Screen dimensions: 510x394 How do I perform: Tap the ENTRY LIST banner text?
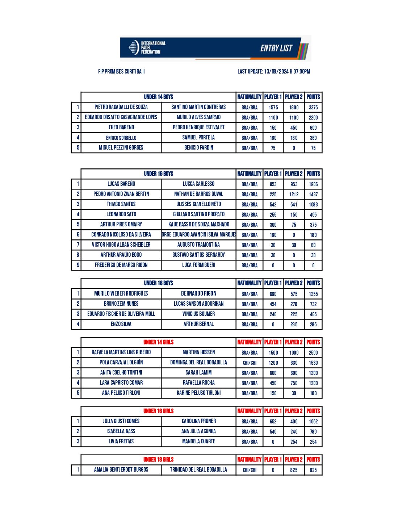pos(276,48)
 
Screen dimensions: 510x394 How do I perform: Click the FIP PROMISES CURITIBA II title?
pos(121,71)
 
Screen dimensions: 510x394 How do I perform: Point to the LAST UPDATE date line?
pos(273,71)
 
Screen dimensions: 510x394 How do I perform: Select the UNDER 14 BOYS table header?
pos(158,97)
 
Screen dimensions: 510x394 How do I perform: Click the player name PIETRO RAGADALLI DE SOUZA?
pos(121,107)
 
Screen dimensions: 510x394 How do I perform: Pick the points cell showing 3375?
pos(313,107)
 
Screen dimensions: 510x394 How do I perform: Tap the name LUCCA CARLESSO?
pos(198,184)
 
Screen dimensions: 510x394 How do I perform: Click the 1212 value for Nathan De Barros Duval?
pos(294,194)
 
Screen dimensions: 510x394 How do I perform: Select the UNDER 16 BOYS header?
pos(158,174)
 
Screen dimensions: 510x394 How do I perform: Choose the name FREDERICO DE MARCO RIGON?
pos(121,265)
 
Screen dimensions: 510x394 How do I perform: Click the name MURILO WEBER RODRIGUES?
pos(121,293)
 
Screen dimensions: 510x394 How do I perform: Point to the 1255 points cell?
pos(313,294)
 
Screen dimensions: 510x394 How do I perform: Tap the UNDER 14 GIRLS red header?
pos(158,342)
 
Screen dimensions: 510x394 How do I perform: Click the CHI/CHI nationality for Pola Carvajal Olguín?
pos(250,363)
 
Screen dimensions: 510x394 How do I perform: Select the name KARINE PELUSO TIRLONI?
pos(198,393)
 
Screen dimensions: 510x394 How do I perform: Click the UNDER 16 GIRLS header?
pos(158,411)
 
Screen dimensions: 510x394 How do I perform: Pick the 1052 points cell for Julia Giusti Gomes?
pos(313,421)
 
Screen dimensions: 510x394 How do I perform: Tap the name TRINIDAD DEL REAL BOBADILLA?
pos(198,469)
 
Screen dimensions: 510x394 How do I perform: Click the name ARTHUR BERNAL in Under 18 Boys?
pos(198,324)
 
